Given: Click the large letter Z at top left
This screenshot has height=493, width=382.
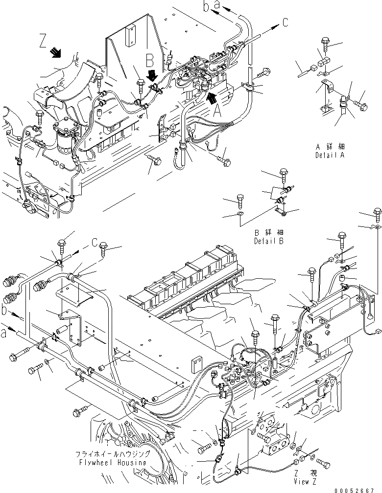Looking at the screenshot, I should (43, 39).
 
